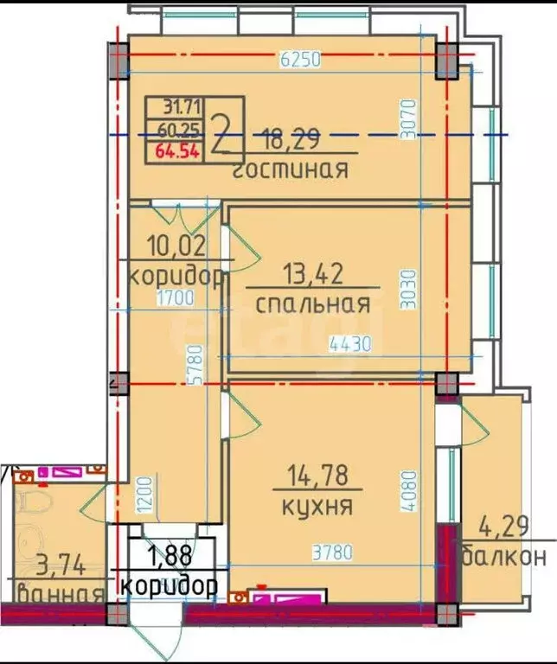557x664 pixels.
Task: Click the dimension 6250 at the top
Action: [300, 60]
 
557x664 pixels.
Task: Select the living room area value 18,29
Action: [294, 137]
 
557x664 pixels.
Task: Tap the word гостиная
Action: [291, 169]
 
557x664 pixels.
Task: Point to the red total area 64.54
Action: [177, 153]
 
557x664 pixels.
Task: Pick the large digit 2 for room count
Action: [222, 132]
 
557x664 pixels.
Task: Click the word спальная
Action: [313, 304]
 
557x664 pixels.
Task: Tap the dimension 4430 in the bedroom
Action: [349, 344]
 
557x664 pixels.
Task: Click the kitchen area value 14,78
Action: [317, 476]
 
